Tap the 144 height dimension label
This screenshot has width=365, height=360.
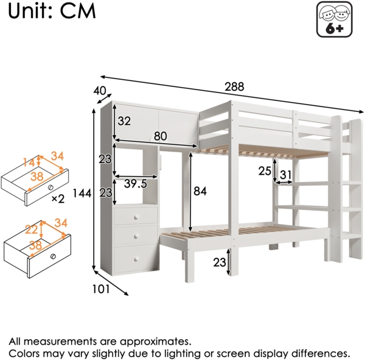[x=82, y=194]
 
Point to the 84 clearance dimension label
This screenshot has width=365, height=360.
[x=199, y=191]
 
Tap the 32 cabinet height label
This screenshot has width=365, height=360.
[x=124, y=121]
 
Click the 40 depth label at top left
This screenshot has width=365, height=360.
[x=100, y=91]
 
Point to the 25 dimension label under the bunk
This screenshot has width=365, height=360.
[x=265, y=171]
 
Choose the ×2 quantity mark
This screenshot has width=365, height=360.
[x=58, y=199]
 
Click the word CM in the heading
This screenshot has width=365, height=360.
[x=78, y=12]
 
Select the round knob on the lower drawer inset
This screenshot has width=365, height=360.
[x=55, y=255]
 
